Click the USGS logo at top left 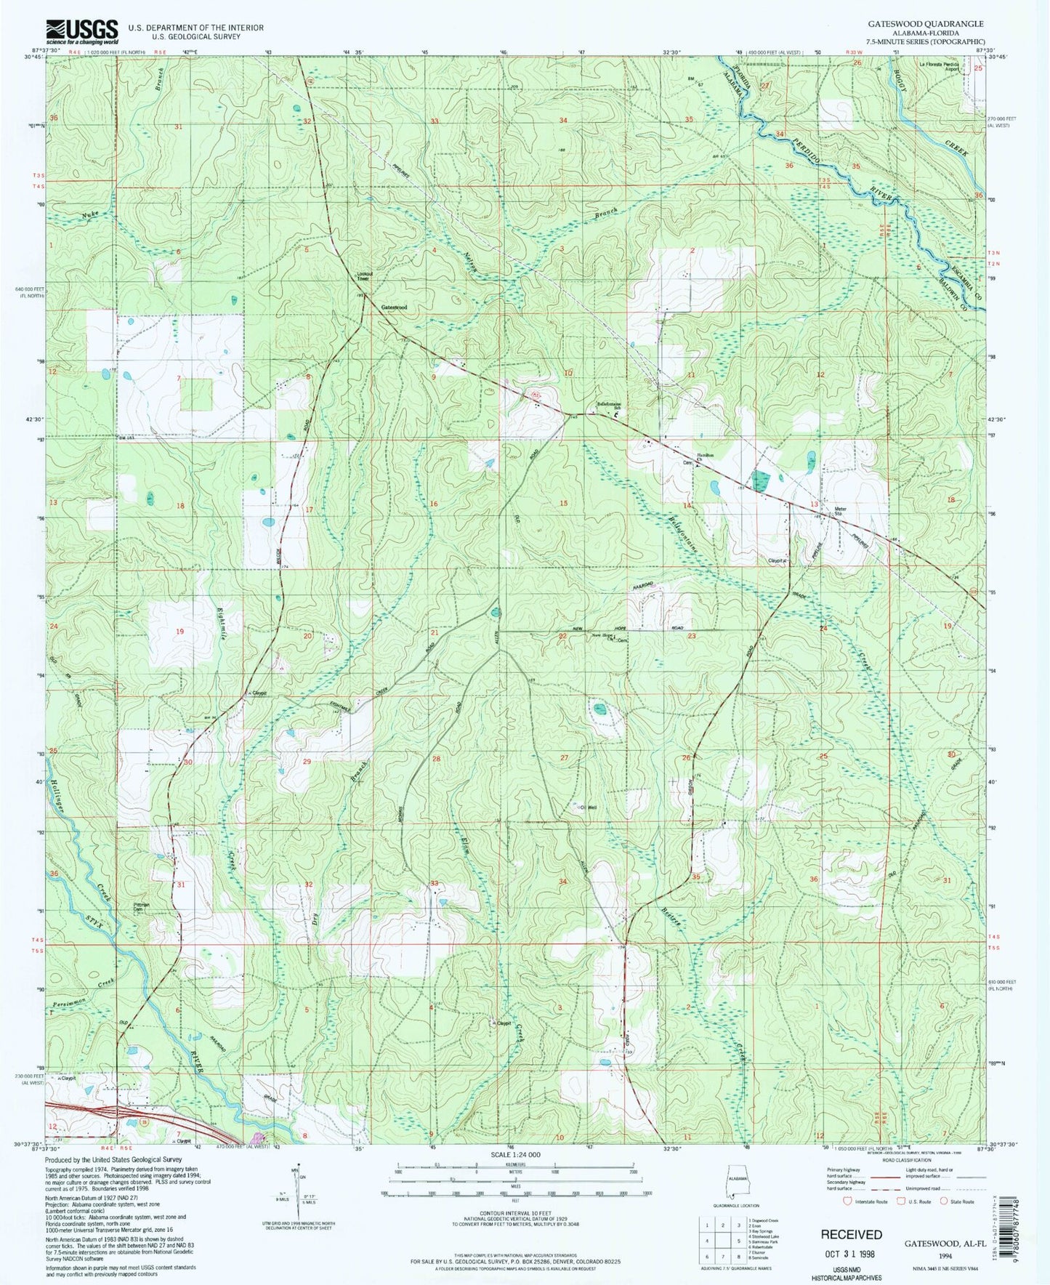coord(81,32)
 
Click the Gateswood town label coord(395,307)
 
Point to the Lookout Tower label coord(364,276)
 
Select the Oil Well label coord(586,807)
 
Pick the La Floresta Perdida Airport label coord(940,65)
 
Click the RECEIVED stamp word coord(851,1235)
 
